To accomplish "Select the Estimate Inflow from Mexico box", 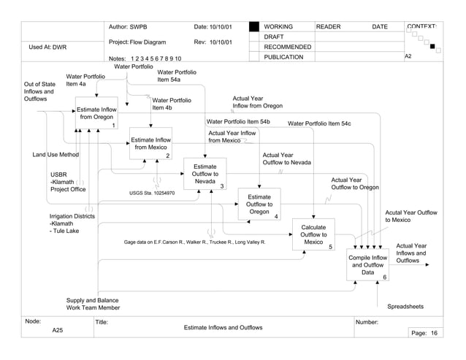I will [150, 143].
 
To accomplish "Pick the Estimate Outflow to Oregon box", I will [259, 205].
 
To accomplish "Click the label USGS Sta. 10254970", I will [152, 194].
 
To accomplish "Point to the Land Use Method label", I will [56, 155].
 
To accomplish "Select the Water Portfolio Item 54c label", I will [319, 124].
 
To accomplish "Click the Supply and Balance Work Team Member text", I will [93, 305].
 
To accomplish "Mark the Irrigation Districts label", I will [72, 217].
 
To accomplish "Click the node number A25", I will [58, 331].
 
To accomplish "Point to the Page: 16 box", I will [424, 333].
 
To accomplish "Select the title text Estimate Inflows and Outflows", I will [223, 328].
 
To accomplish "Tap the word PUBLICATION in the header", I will [283, 58].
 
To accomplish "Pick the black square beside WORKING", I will [254, 27].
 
